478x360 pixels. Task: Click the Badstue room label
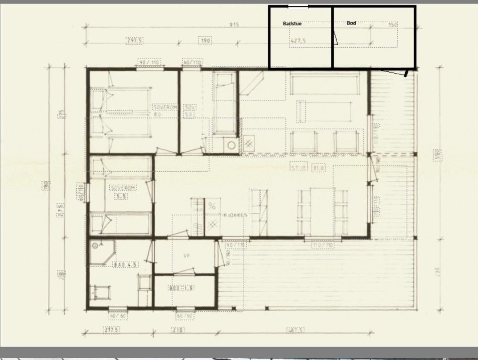click(292, 23)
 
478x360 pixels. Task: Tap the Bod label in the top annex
click(351, 23)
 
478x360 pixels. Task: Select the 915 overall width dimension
click(234, 25)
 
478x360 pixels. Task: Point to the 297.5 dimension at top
click(134, 41)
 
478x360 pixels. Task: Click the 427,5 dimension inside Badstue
click(298, 41)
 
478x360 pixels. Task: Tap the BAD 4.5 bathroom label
click(126, 265)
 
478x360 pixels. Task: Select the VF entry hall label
click(187, 256)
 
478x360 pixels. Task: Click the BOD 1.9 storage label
click(181, 289)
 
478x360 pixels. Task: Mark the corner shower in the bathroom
click(101, 252)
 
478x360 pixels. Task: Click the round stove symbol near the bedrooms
click(231, 145)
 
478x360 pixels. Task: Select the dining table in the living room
click(322, 211)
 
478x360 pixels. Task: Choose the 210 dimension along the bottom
click(178, 330)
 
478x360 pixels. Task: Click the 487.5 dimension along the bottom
click(296, 330)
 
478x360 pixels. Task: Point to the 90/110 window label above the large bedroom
click(149, 62)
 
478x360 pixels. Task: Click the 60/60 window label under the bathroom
click(118, 316)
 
